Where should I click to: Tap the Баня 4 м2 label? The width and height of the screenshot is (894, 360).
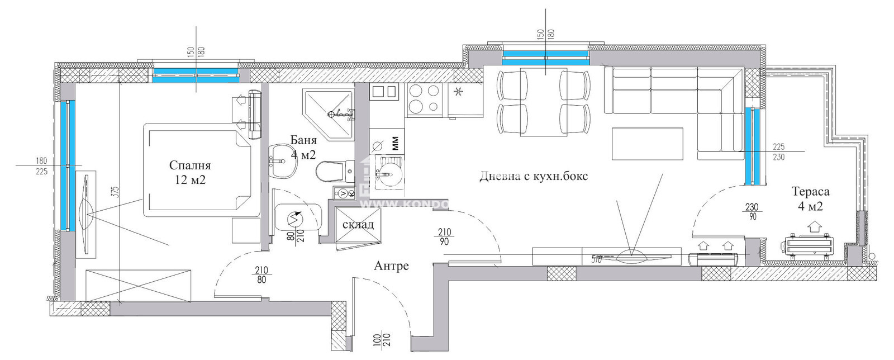pyautogui.click(x=303, y=148)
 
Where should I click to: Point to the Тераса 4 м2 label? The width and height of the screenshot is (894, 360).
pyautogui.click(x=810, y=198)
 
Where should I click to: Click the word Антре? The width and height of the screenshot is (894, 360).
pyautogui.click(x=391, y=266)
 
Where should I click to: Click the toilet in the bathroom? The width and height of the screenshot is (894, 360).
pyautogui.click(x=330, y=172)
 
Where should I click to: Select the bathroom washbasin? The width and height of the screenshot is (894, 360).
pyautogui.click(x=284, y=162)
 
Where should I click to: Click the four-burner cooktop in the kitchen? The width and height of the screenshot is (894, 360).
pyautogui.click(x=424, y=100)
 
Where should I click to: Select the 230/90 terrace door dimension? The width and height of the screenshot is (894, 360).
pyautogui.click(x=752, y=212)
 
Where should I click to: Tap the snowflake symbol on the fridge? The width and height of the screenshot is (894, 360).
pyautogui.click(x=459, y=92)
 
